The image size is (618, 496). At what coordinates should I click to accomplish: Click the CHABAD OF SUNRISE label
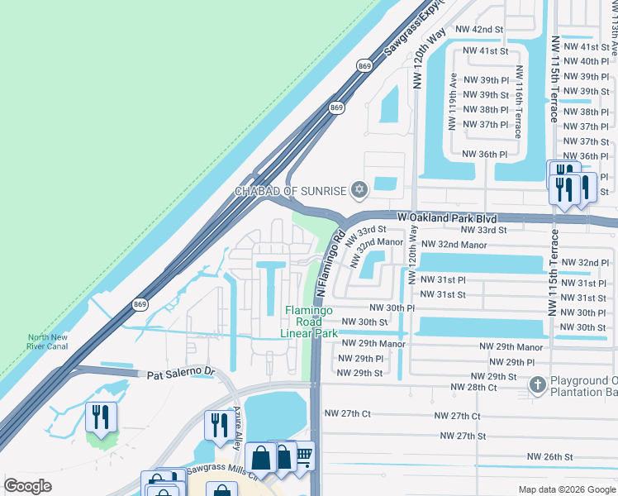click(x=290, y=191)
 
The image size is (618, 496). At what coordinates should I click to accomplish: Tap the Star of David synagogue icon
click(x=358, y=191)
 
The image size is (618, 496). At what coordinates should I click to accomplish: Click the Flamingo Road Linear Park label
click(x=310, y=322)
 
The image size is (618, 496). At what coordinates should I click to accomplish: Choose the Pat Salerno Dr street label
click(x=180, y=374)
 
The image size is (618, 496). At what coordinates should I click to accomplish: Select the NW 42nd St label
click(x=479, y=29)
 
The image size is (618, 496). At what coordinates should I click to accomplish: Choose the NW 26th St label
click(x=549, y=456)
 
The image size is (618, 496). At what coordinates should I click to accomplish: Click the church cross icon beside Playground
click(x=537, y=384)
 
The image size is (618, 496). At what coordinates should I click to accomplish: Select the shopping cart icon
click(x=304, y=454)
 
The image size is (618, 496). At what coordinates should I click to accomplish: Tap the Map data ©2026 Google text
click(x=566, y=489)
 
